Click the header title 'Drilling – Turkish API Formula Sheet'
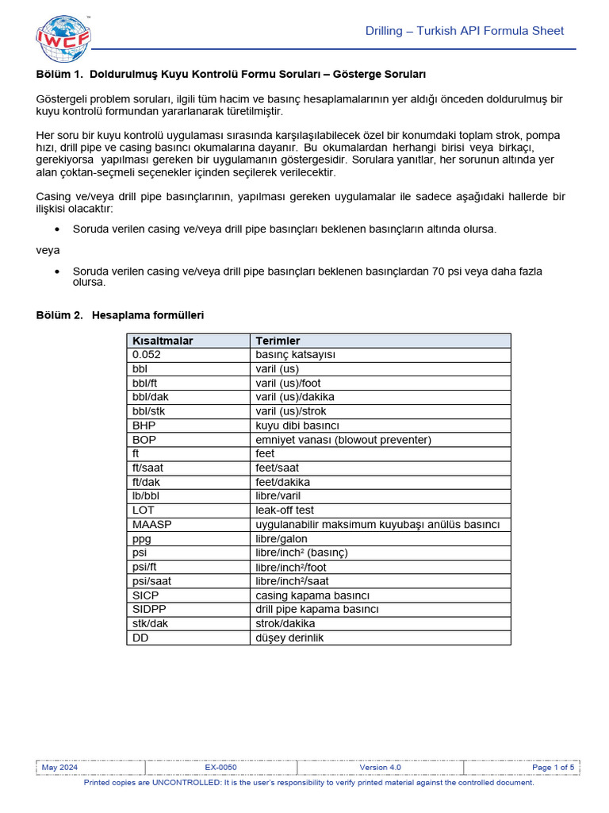(x=464, y=31)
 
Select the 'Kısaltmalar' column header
(x=163, y=341)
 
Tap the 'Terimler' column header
(x=278, y=341)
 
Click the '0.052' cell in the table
(x=147, y=355)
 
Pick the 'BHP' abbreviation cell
(x=144, y=426)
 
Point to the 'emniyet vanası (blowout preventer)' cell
(x=343, y=440)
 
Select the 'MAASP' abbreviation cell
(x=152, y=525)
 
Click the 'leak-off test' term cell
(x=285, y=511)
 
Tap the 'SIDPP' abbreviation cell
(x=149, y=609)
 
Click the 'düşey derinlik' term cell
(x=289, y=638)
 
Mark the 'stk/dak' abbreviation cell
(x=151, y=623)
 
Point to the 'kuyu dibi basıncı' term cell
(x=297, y=426)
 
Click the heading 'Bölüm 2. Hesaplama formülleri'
(x=120, y=315)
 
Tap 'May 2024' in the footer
(x=59, y=768)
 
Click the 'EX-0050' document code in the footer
(x=220, y=768)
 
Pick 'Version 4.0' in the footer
(x=380, y=768)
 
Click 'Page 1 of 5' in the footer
(x=553, y=768)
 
